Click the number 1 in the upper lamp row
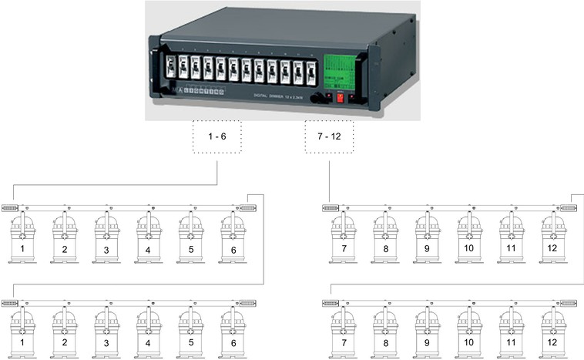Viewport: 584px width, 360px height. pyautogui.click(x=23, y=250)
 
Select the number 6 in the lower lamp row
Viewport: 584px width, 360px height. pyautogui.click(x=233, y=342)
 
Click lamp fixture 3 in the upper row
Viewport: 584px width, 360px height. pyautogui.click(x=107, y=234)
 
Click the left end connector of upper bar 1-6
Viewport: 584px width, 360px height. pyautogui.click(x=10, y=208)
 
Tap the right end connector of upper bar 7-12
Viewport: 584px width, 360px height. pyautogui.click(x=568, y=208)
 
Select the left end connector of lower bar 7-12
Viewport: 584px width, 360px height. pyautogui.click(x=329, y=301)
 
